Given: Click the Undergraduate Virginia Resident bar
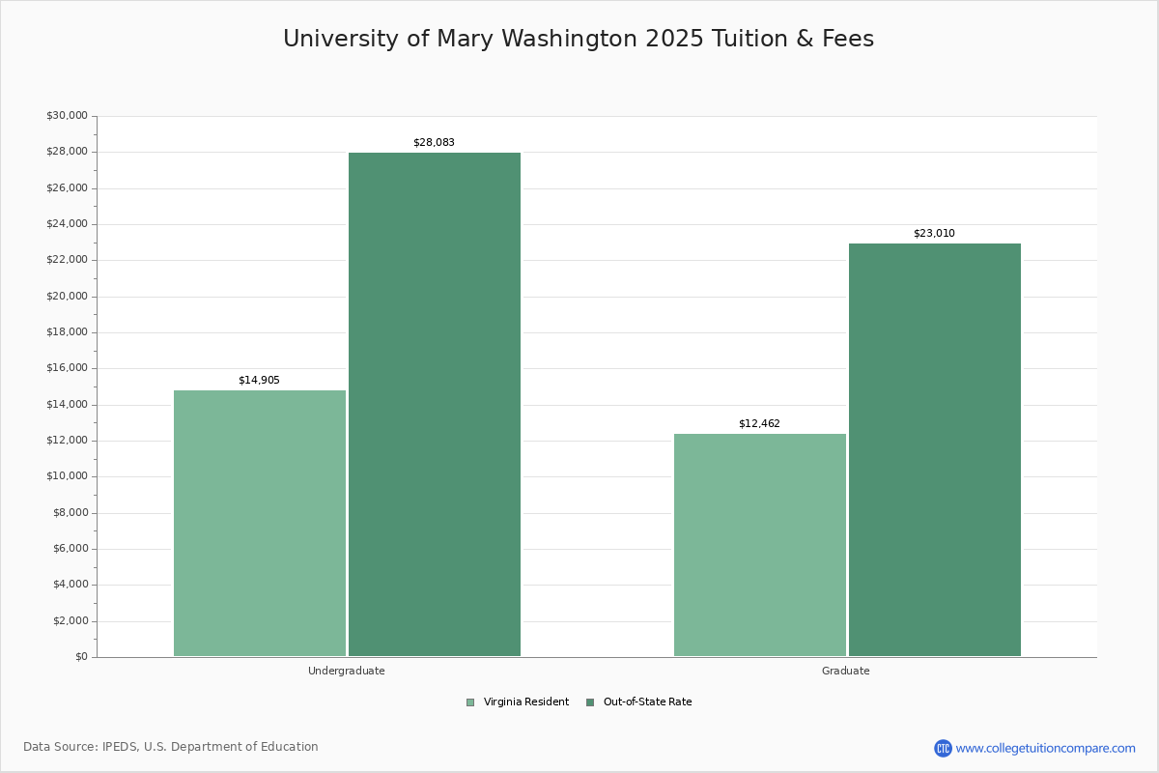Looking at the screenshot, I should point(260,523).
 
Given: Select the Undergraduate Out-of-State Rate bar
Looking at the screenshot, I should point(435,404).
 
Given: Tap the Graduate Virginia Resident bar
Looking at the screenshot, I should point(760,545).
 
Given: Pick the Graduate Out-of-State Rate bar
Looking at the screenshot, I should point(935,449).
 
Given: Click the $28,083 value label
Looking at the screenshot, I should point(434,143).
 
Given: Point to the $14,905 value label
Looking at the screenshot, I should point(259,381).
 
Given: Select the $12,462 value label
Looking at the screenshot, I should point(759,424).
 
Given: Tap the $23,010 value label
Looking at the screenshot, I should point(934,234).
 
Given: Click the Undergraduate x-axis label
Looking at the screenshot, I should point(347,671).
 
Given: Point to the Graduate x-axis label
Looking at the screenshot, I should point(846,671).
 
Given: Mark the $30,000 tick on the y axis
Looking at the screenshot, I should point(67,116).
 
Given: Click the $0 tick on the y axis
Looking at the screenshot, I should point(80,657).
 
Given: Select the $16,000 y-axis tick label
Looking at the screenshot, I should point(67,368).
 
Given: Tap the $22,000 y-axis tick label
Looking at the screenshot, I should point(67,260).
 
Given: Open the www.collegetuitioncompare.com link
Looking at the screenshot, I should point(1045,748).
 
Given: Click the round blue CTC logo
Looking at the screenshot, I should point(943,748).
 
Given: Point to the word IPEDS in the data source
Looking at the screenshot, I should point(120,747).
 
